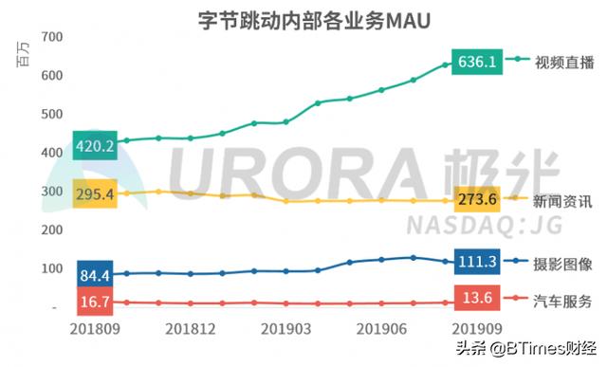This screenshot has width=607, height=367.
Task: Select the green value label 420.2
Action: coord(94,146)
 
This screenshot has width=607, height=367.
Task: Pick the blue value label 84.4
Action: coord(94,276)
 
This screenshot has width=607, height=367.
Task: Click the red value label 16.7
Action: coord(94,302)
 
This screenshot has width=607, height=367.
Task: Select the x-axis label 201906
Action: coord(381,328)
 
